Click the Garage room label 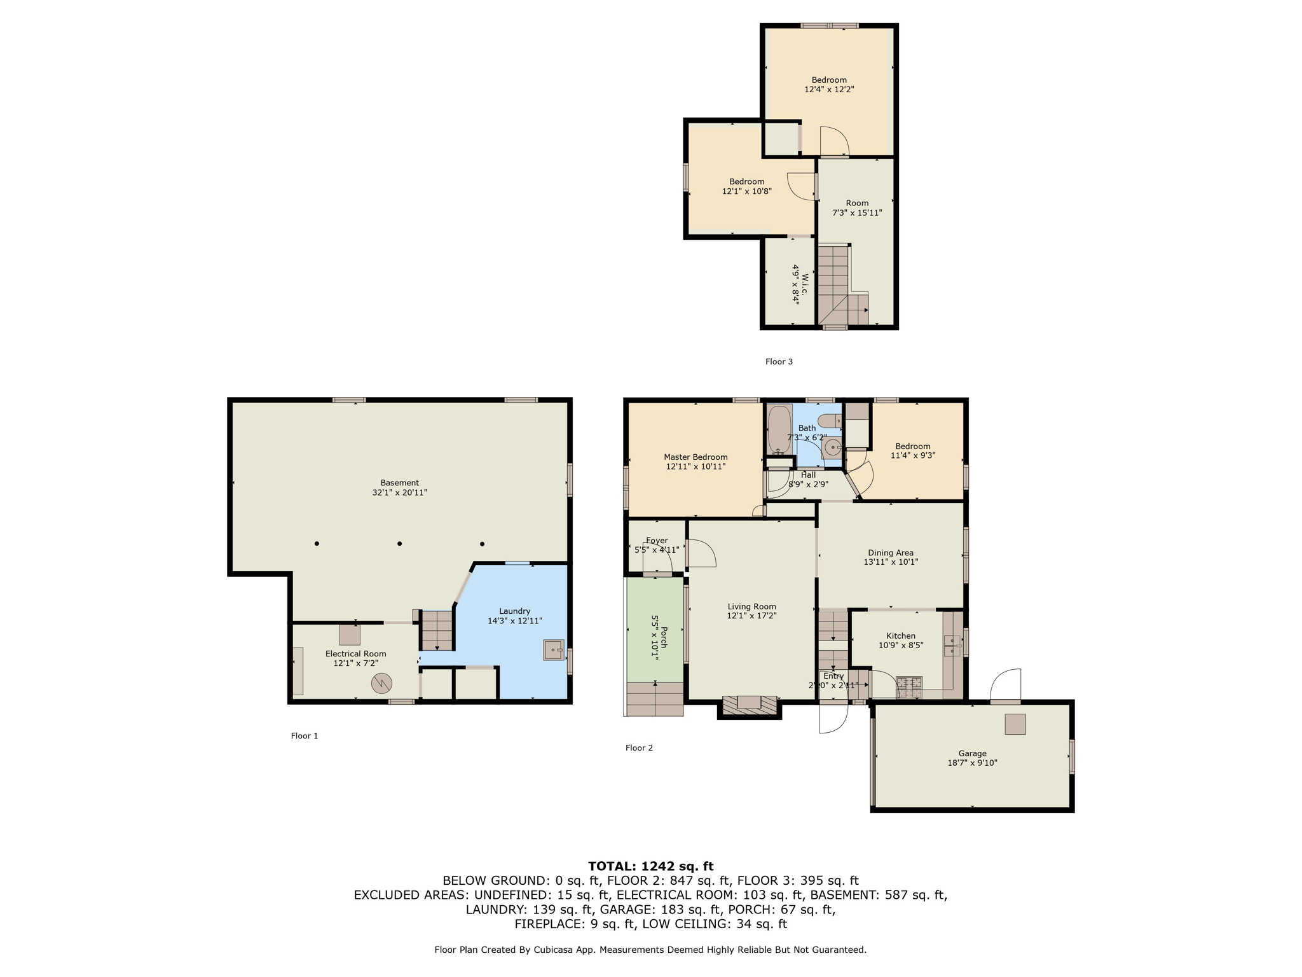click(972, 753)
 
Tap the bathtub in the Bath click(779, 429)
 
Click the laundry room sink click(554, 650)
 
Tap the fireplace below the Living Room click(750, 706)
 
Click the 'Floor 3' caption click(779, 361)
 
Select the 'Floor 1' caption click(305, 736)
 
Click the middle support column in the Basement click(399, 544)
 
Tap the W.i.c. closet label click(805, 284)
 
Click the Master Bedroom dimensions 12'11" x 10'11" click(696, 466)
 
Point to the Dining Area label click(891, 553)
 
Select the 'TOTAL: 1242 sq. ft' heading click(650, 866)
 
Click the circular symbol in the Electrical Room click(381, 684)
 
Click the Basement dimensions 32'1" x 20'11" click(400, 492)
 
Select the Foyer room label click(657, 541)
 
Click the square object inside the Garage click(1015, 724)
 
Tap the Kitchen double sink click(952, 645)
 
